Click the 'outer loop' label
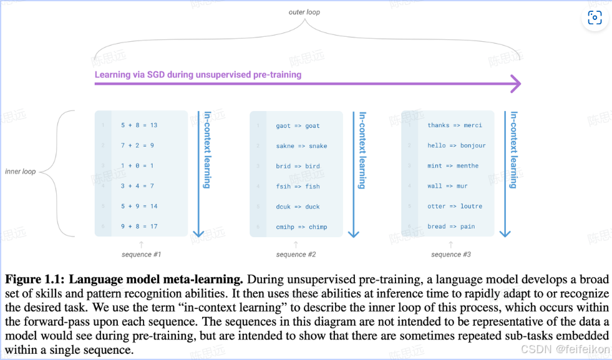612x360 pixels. coord(304,12)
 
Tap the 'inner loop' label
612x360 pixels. coord(21,172)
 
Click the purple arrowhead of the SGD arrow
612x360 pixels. coord(515,84)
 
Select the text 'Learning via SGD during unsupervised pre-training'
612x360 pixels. coord(198,75)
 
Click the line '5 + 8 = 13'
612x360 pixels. coord(139,125)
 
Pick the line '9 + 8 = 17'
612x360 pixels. coord(139,226)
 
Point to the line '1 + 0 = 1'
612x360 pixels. coord(137,166)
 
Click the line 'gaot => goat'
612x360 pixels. coord(298,125)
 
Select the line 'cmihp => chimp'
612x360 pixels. coord(301,226)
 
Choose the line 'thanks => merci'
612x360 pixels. coord(455,125)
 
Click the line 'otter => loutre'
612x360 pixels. coord(455,206)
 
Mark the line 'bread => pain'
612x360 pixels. coord(451,226)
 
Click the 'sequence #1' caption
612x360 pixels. coord(142,255)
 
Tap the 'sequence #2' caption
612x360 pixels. coord(296,255)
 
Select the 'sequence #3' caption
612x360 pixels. coord(451,255)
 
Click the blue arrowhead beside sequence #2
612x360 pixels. coord(354,233)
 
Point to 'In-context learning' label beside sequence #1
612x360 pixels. coord(208,150)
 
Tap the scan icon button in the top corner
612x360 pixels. coord(595,18)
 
